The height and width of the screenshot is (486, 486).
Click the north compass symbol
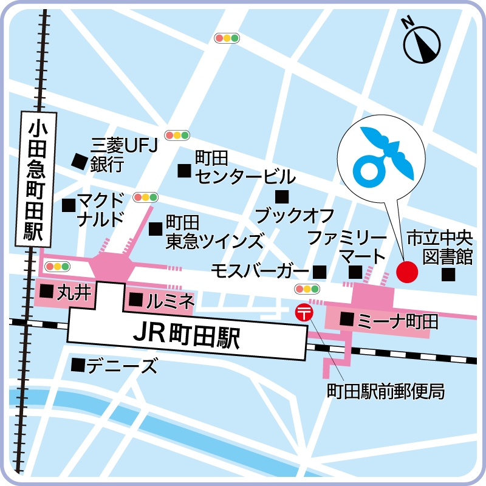[x=422, y=43]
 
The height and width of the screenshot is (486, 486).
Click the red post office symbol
[x=303, y=312]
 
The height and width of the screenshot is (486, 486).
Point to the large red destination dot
[x=407, y=271]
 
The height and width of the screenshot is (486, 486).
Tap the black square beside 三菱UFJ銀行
[x=78, y=160]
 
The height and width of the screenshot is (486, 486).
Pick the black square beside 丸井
[x=46, y=292]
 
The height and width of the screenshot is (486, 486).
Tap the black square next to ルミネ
[x=137, y=299]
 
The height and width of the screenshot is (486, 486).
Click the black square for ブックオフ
[x=281, y=196]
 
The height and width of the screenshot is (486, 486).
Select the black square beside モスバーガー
[x=320, y=271]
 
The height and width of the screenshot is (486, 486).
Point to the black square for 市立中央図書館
[x=448, y=275]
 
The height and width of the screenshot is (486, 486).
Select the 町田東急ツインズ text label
[x=214, y=231]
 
